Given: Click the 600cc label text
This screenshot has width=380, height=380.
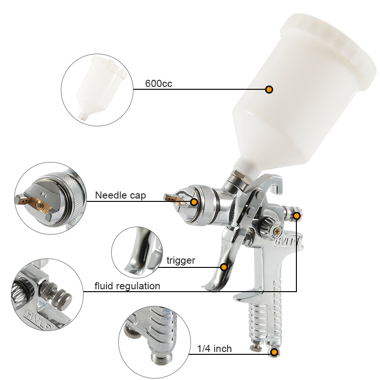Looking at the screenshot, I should click(159, 84).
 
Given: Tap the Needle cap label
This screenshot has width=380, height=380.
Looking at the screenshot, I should click(120, 195).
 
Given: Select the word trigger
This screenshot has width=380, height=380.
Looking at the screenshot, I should click(180, 260).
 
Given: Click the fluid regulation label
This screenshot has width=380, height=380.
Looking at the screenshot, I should click(127, 286).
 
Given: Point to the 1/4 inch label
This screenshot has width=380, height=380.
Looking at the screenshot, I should click(214, 349).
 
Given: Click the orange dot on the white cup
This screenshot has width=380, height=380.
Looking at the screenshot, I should click(269, 89).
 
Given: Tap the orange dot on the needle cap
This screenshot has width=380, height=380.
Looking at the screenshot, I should click(194, 202).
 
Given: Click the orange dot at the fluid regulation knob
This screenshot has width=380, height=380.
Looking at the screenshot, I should click(296, 216).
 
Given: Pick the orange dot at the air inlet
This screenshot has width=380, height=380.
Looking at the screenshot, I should click(274, 352).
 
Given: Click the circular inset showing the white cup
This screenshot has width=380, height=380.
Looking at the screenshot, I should click(96, 90).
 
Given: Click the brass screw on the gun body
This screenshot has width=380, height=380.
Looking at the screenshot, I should click(275, 231).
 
